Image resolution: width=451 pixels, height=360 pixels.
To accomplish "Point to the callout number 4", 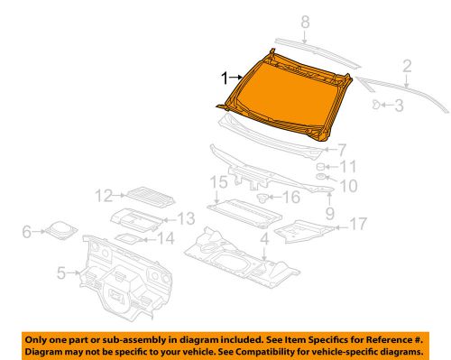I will pos(263,239).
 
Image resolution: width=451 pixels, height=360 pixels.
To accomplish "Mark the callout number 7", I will pos(343,149).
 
